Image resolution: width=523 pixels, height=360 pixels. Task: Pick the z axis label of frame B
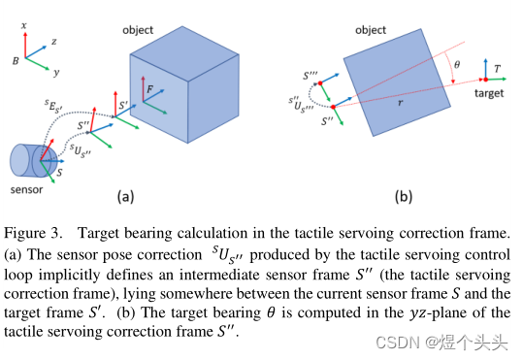click(x=53, y=43)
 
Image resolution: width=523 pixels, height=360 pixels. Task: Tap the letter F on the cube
click(x=150, y=88)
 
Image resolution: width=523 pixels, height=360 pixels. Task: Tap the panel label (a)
click(x=126, y=196)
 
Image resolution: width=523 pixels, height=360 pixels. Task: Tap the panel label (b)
click(x=402, y=196)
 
